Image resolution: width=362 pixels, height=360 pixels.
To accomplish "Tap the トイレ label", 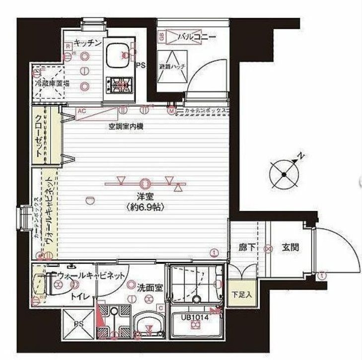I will (x=79, y=296).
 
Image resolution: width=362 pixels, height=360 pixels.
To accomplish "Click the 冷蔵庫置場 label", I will (x=49, y=83).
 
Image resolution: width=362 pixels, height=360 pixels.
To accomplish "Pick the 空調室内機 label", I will (x=127, y=127).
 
